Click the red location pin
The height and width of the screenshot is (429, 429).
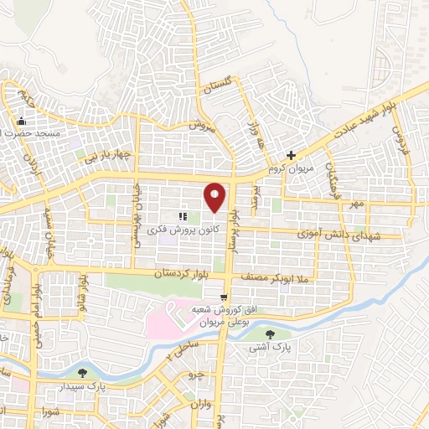pyautogui.click(x=215, y=196)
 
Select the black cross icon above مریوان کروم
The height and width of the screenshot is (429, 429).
pyautogui.click(x=291, y=155)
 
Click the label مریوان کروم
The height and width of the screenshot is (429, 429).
pyautogui.click(x=289, y=169)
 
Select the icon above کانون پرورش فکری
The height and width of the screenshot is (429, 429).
pyautogui.click(x=183, y=216)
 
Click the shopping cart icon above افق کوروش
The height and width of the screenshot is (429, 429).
pyautogui.click(x=223, y=297)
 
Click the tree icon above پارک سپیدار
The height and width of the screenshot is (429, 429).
pyautogui.click(x=81, y=372)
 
